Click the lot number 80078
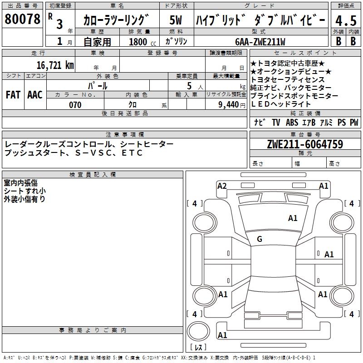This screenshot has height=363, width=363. coord(22,20)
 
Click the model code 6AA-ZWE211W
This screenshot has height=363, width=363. coord(260,42)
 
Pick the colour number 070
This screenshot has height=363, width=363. coord(75,105)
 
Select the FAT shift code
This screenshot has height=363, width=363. coord(13,94)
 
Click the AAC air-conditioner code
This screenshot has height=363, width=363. coord(34,94)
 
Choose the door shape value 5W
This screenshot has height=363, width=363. coord(176,21)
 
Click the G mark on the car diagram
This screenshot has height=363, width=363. coord(260,239)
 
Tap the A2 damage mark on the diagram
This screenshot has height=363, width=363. coord(222,186)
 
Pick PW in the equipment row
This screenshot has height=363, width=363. coord(353,123)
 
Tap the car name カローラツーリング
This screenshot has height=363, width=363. coord(117,21)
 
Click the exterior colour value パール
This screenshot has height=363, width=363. coord(97,86)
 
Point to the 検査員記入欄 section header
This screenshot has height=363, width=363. coord(93,174)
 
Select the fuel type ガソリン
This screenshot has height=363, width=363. coord(175,42)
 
